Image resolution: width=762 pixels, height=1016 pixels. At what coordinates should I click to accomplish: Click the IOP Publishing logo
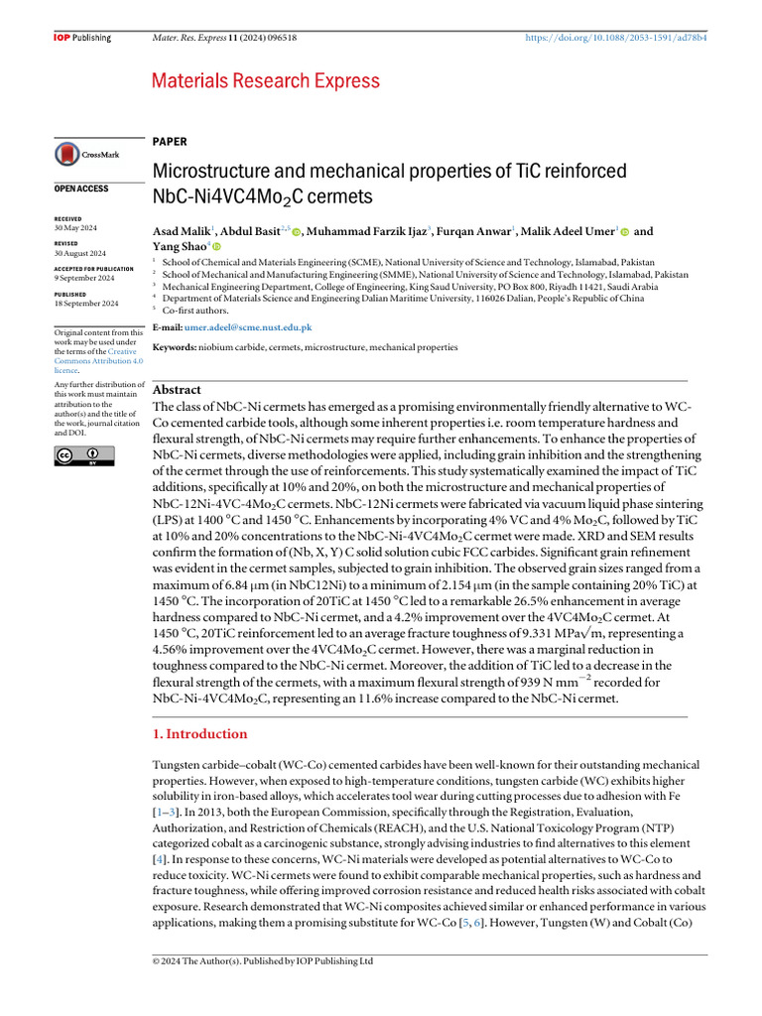point(81,38)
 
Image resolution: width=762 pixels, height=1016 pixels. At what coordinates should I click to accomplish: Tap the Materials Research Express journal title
point(265,80)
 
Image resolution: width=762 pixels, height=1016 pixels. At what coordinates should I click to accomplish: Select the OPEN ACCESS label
point(80,189)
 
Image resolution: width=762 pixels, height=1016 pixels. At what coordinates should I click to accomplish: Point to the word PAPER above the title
point(170,142)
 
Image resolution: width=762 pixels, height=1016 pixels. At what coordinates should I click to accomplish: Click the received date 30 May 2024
point(75,228)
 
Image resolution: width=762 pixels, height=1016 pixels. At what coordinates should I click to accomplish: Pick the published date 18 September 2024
point(85,304)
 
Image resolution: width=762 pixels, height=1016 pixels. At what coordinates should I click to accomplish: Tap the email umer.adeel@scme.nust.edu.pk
point(248,326)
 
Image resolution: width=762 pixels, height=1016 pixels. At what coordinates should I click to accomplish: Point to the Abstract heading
point(177,390)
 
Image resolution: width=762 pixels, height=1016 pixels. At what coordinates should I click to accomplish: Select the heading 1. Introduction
point(199,734)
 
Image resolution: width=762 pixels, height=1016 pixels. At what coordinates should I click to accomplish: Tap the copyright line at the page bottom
point(262,961)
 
